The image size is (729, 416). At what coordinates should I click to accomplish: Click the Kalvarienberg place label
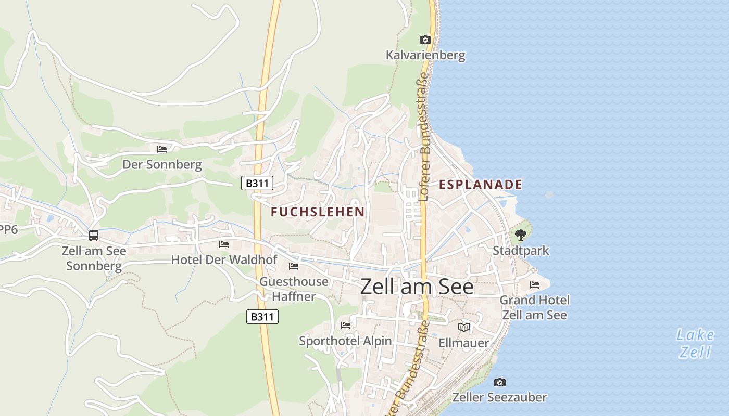pos(425,55)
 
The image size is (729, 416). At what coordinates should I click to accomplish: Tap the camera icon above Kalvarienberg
pos(425,40)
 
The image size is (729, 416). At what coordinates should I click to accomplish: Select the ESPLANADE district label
pos(480,185)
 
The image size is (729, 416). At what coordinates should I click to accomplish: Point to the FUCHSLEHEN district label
pos(318,212)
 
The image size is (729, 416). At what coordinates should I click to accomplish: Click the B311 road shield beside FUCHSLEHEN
pos(257,183)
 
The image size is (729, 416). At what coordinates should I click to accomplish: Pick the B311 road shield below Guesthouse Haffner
pos(262,317)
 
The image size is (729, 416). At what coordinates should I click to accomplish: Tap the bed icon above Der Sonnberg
pos(162,149)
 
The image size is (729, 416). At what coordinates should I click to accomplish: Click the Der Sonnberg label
pos(162,165)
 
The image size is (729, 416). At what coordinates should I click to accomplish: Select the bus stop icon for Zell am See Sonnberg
pos(94,236)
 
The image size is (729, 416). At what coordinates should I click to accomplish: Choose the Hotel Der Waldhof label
pos(224,259)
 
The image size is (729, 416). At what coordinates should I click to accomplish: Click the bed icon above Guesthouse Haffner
pos(294,266)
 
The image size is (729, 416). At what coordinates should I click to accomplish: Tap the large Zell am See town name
pos(417,287)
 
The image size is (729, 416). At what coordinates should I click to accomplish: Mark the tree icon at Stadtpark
pos(520,236)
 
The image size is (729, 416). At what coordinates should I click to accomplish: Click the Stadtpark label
pos(521,251)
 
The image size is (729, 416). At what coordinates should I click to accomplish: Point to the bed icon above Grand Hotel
pos(535,285)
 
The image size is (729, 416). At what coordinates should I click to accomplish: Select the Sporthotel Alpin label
pos(345,341)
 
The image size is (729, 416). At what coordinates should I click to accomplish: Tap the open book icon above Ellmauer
pos(464,327)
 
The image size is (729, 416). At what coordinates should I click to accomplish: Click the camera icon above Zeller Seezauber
pos(499,383)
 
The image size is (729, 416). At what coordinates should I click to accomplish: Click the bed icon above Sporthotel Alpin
pos(346,326)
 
